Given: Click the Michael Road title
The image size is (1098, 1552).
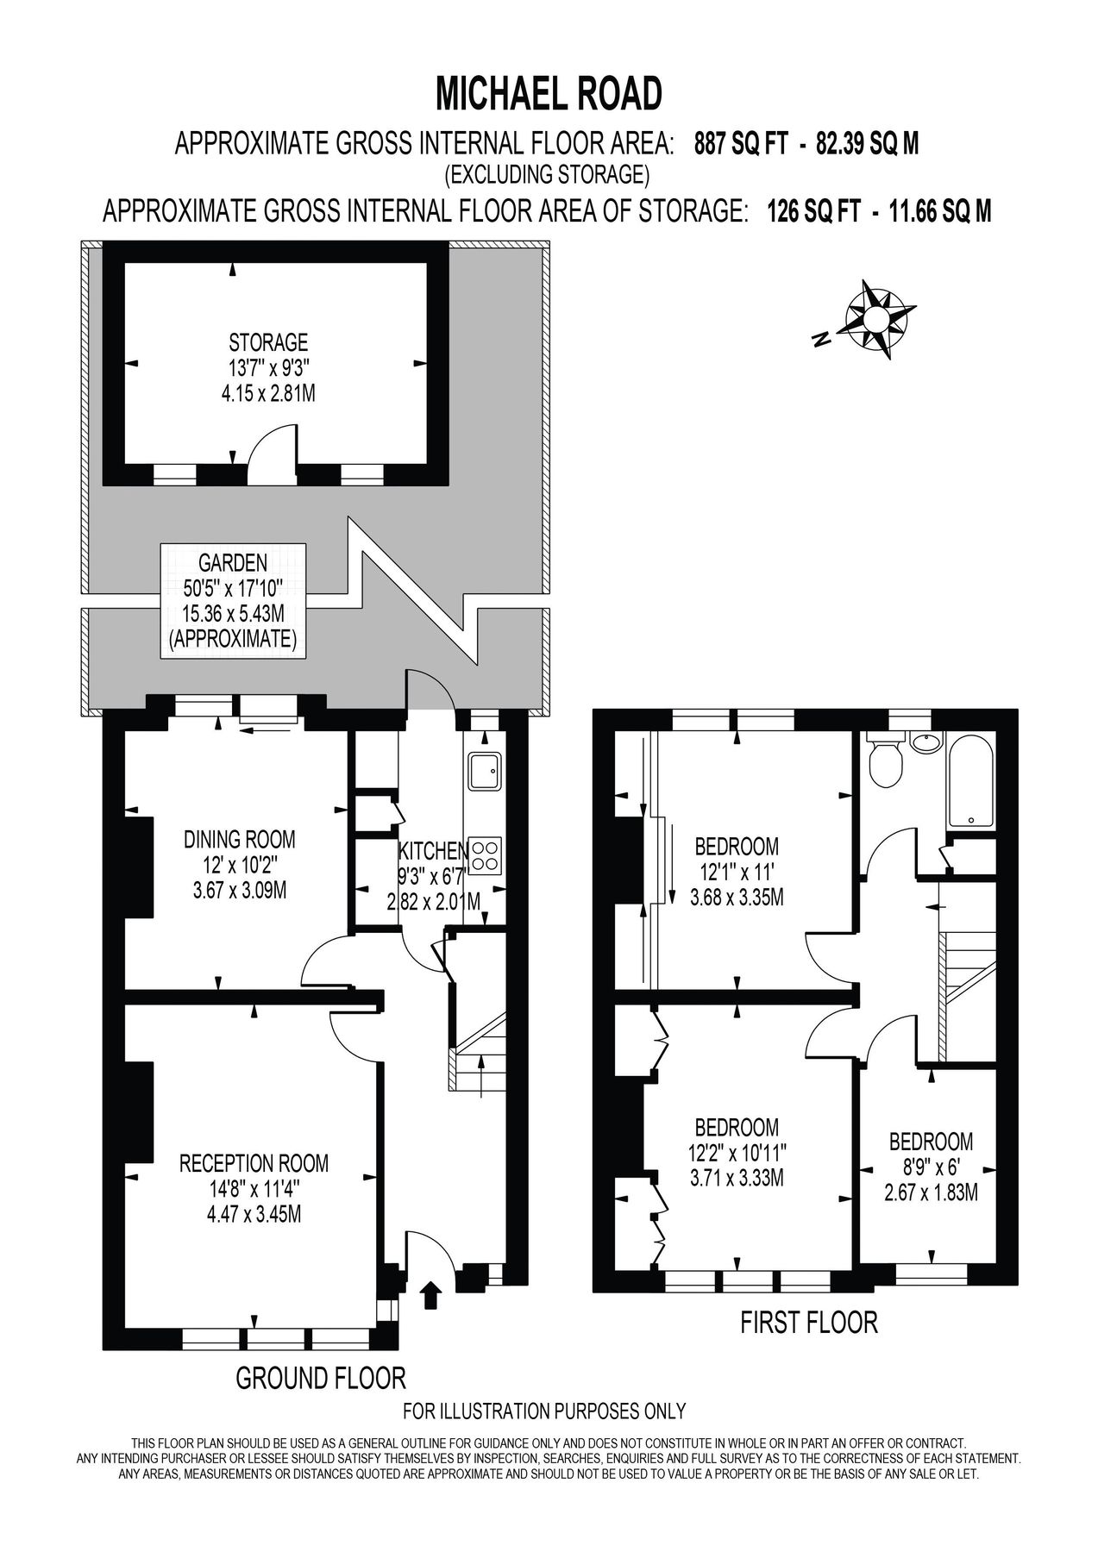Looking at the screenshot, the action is [549, 93].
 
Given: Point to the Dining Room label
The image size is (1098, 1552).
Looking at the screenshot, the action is [240, 865].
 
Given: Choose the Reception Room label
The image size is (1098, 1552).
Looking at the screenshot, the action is [254, 1189].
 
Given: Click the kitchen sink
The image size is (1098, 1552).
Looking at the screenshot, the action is [483, 770].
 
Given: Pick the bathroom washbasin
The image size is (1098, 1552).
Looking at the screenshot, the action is [925, 742].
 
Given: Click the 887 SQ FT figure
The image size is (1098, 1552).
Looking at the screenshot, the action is [742, 144].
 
